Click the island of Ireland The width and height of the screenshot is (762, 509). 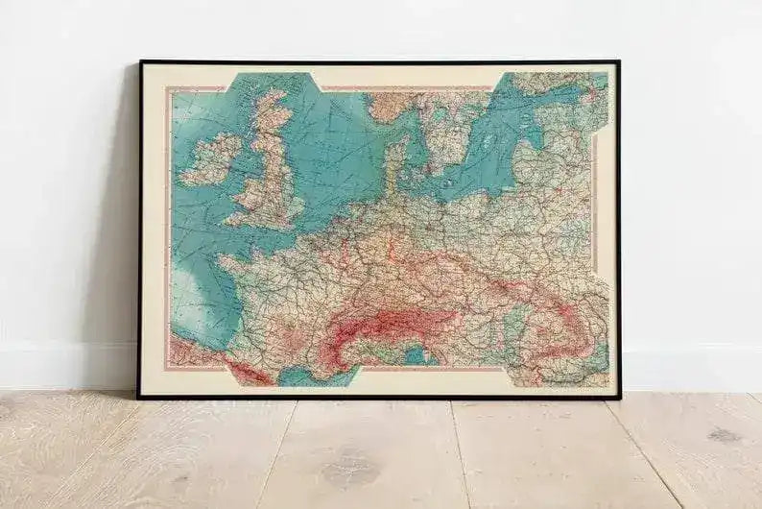(x=210, y=159)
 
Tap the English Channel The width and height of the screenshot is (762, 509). (x=264, y=235)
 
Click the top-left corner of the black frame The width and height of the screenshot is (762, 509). (x=140, y=62)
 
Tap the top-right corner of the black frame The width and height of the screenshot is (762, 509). (x=618, y=62)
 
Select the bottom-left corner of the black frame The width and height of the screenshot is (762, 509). (x=138, y=397)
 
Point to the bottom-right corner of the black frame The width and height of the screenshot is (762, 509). (x=619, y=397)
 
